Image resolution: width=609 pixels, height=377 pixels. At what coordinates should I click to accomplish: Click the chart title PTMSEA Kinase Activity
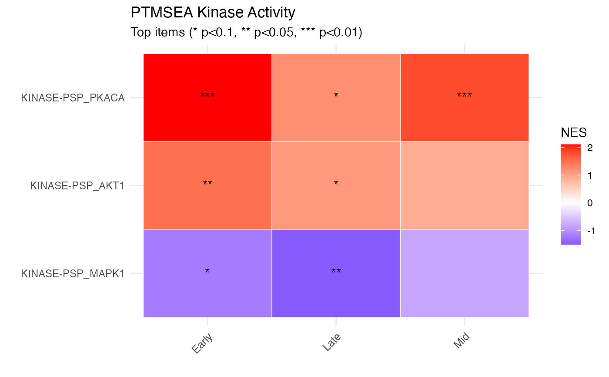(x=213, y=13)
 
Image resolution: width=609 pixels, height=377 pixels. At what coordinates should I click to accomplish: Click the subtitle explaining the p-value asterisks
(x=246, y=33)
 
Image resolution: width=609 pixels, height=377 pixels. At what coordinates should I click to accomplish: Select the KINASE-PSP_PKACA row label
(x=73, y=98)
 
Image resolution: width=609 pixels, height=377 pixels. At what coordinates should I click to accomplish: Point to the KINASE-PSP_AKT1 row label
(x=77, y=186)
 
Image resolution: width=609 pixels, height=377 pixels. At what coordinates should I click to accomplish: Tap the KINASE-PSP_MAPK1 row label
(x=73, y=274)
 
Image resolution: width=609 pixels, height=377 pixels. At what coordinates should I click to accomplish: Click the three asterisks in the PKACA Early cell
(x=207, y=95)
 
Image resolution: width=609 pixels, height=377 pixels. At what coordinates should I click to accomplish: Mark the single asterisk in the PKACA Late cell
(x=336, y=95)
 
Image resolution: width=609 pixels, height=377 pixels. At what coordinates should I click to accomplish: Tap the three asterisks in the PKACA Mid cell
(x=464, y=95)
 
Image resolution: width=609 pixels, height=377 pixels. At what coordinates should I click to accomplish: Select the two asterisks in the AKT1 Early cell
(x=207, y=183)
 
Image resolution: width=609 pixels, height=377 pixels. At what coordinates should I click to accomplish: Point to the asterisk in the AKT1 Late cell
(x=336, y=183)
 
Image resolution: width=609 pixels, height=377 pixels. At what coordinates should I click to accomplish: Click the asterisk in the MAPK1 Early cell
(x=207, y=271)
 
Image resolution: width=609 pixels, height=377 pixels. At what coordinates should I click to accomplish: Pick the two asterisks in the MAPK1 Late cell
(x=336, y=271)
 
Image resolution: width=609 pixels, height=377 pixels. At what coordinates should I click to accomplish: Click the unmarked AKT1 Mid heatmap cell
(x=464, y=185)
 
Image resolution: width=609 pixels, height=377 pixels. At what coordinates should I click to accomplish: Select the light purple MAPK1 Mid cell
(x=464, y=273)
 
